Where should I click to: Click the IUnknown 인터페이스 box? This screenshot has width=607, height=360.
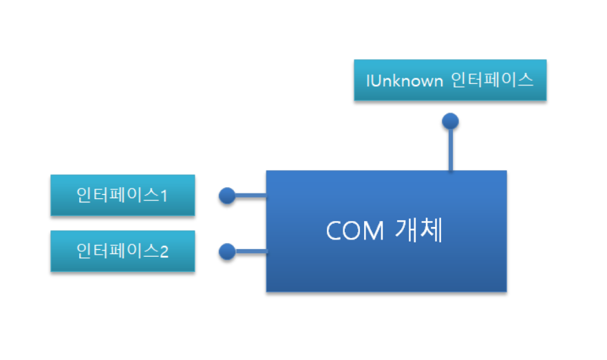[x=450, y=80]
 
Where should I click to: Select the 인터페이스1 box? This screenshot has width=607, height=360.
[x=123, y=195]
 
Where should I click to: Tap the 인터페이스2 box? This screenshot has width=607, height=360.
[x=123, y=251]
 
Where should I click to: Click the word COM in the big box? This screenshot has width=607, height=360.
[x=355, y=231]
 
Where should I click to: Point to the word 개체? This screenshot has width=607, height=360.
[x=419, y=230]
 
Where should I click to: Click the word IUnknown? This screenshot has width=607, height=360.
[x=405, y=81]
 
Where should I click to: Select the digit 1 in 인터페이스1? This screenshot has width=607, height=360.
[x=164, y=196]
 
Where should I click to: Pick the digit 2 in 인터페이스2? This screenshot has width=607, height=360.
[x=164, y=252]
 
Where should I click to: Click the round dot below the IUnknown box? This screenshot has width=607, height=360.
[x=450, y=121]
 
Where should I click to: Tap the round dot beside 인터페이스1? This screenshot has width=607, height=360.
[x=227, y=195]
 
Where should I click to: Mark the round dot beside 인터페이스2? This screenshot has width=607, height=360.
[x=227, y=252]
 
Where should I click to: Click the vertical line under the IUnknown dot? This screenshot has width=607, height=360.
[x=451, y=149]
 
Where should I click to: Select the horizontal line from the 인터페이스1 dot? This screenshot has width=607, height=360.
[x=251, y=195]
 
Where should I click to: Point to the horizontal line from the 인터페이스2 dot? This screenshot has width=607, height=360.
[x=251, y=252]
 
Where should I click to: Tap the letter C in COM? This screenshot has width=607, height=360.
[x=333, y=231]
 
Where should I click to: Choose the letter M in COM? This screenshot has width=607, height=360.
[x=374, y=231]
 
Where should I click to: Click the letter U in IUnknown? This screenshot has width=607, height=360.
[x=376, y=81]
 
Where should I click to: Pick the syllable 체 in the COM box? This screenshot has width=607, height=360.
[x=432, y=230]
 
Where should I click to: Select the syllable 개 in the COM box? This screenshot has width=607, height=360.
[x=407, y=230]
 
